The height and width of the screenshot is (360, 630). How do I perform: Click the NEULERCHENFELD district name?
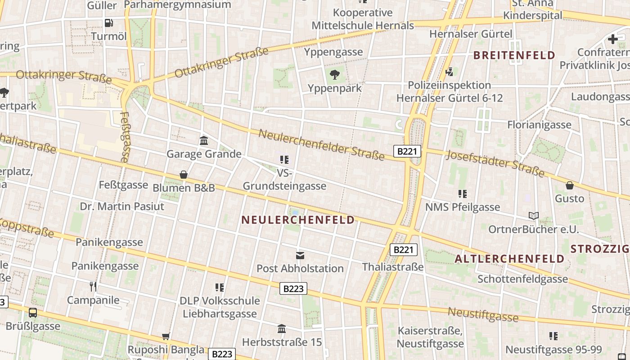click(298, 220)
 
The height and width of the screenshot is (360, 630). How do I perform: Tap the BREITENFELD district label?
click(514, 55)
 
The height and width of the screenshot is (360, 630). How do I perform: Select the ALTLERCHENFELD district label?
click(509, 259)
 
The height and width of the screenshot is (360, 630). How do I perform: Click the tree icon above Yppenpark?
click(334, 75)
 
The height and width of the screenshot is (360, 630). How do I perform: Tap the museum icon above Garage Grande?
click(204, 141)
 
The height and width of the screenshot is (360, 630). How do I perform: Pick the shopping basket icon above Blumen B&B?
click(183, 175)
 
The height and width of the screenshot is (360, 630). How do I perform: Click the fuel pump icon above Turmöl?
click(108, 23)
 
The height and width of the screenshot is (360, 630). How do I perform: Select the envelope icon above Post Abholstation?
click(300, 256)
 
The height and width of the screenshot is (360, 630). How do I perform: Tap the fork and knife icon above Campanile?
click(93, 287)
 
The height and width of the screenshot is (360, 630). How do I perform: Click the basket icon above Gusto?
click(569, 185)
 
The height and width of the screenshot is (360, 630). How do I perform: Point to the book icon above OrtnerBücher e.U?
click(533, 216)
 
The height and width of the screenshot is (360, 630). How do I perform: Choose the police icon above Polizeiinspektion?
click(449, 72)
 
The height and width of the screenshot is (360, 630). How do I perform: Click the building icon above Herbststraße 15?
click(282, 329)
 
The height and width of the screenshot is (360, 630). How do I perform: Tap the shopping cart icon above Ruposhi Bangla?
click(166, 336)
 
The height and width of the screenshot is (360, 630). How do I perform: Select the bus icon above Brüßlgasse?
click(33, 313)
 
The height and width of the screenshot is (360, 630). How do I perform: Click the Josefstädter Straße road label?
click(495, 163)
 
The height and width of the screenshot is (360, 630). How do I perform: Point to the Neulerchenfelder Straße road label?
click(321, 145)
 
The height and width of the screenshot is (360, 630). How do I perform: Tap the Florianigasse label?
click(539, 125)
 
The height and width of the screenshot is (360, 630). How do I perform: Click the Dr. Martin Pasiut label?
click(122, 207)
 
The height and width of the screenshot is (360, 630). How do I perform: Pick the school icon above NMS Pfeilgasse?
click(462, 194)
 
